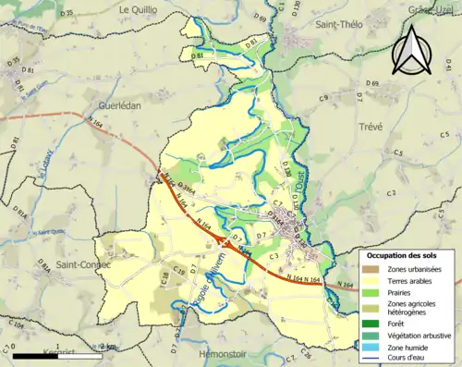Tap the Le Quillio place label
tap(137, 8)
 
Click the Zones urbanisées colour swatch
tap(371, 269)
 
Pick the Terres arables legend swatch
tap(371, 281)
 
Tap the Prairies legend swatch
tap(371, 292)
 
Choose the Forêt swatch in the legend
tap(371, 323)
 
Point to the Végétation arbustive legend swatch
tap(371, 335)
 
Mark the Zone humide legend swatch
tap(371, 347)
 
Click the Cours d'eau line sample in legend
tap(371, 358)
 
